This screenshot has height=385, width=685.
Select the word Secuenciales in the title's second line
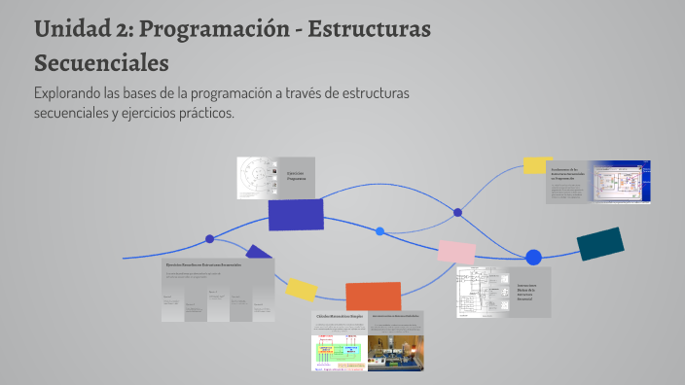[101, 63]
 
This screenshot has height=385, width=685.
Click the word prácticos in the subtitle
[202, 113]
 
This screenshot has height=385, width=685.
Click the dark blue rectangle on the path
[295, 215]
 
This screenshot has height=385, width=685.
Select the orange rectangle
[374, 297]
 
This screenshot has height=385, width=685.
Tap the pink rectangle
[456, 251]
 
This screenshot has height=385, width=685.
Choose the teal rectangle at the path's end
[600, 243]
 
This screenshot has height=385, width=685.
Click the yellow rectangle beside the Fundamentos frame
[537, 164]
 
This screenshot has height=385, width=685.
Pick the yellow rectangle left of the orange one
[302, 289]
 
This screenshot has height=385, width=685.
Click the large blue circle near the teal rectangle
[533, 258]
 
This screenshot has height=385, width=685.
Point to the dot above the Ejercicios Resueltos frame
[209, 238]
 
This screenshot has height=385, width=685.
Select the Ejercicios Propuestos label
[296, 177]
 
